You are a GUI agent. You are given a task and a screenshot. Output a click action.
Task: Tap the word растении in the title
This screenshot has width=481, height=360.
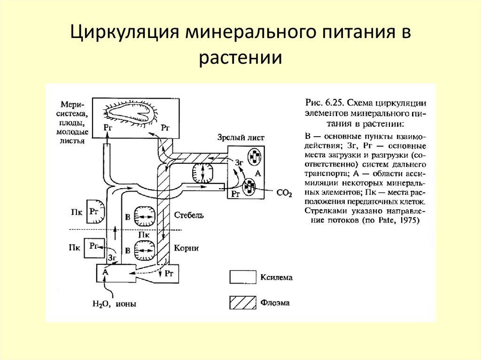[240, 59]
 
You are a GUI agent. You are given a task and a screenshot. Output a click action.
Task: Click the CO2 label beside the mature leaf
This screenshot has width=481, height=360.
[285, 192]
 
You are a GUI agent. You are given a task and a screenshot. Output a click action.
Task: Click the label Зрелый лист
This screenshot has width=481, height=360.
[241, 138]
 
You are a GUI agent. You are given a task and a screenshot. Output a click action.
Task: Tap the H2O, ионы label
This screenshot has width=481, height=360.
[114, 303]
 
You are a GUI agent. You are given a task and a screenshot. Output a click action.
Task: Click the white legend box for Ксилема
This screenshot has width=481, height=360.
[242, 277]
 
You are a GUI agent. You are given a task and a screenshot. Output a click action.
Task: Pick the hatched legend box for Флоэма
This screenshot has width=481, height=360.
[242, 303]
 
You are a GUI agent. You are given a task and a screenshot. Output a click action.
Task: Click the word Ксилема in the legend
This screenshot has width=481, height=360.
[276, 277]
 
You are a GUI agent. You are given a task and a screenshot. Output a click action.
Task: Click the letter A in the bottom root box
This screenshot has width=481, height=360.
[106, 271]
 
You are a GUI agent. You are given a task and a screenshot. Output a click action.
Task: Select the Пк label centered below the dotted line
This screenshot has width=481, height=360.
[144, 234]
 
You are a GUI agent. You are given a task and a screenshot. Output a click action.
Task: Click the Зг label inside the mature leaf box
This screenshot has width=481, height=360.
[240, 162]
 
